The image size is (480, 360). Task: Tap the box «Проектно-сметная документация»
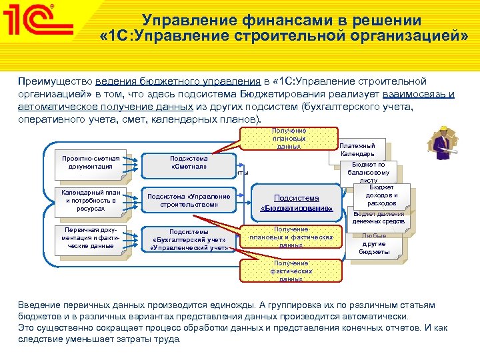91,163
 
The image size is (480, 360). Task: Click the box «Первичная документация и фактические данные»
91,238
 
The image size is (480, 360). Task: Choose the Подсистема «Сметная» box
189,163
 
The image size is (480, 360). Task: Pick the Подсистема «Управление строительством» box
189,201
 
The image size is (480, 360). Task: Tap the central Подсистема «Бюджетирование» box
297,203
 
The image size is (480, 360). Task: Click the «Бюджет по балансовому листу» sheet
368,172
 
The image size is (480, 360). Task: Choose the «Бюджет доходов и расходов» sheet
382,195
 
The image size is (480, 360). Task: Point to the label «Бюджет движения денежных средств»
378,217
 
